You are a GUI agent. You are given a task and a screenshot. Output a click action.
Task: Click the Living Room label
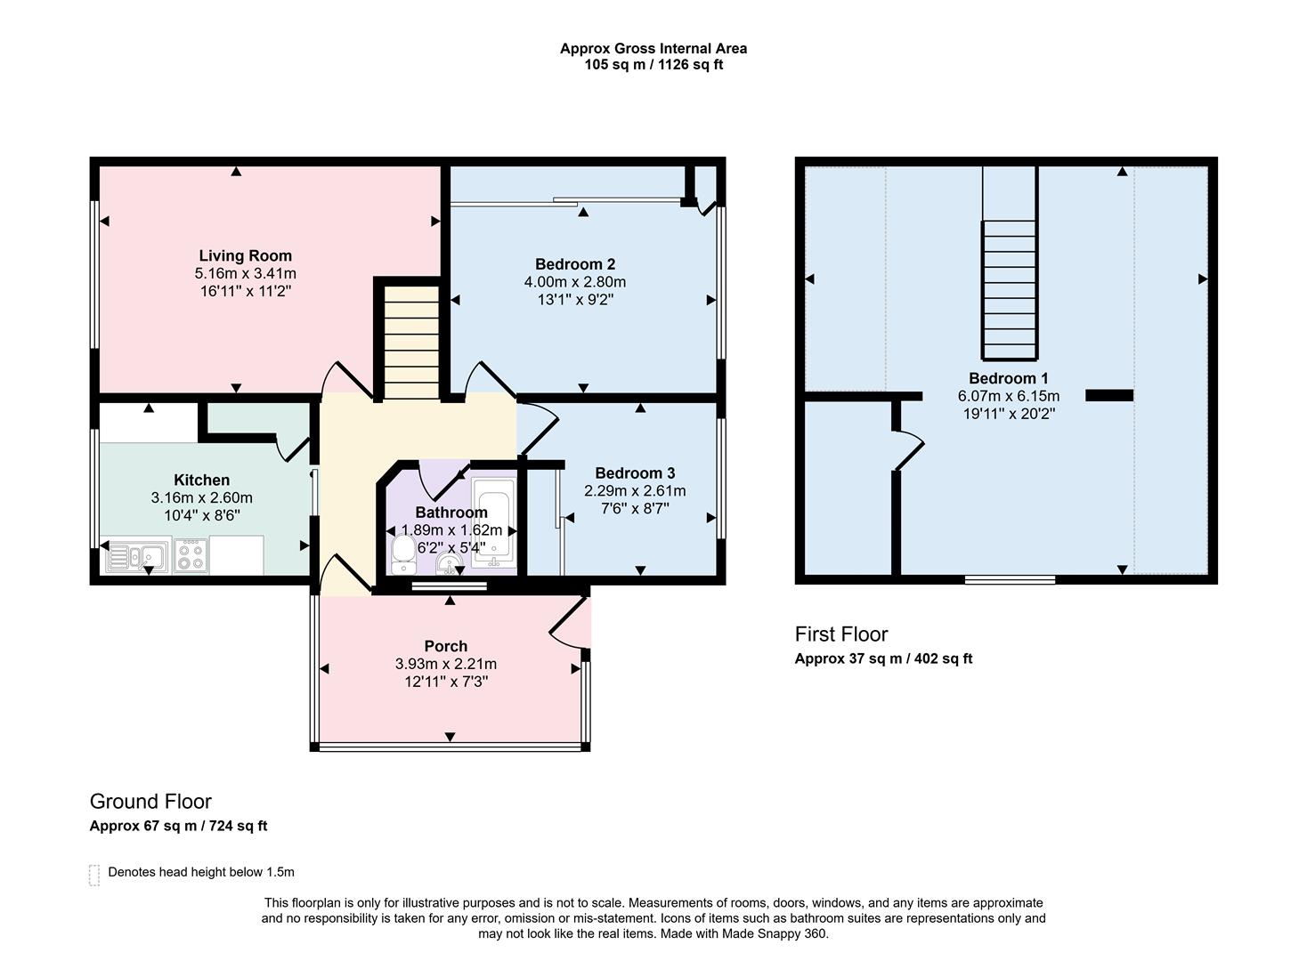pos(245,256)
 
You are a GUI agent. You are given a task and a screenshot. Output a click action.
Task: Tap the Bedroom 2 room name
pos(574,264)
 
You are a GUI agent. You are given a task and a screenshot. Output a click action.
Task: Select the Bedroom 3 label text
pos(635,473)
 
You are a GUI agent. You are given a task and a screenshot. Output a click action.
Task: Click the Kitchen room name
pos(201,480)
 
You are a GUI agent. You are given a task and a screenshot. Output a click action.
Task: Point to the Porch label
pos(445,646)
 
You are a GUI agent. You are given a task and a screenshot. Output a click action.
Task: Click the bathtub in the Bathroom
pos(492,523)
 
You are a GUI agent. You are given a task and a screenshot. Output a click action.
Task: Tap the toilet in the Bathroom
pos(403,553)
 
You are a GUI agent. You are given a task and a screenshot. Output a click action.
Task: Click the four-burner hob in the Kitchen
pos(191,555)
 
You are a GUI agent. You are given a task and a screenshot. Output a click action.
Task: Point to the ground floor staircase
pos(410,343)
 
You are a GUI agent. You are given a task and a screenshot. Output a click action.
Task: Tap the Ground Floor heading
pos(150,802)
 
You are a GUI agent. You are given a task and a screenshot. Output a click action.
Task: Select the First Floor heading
pos(840,634)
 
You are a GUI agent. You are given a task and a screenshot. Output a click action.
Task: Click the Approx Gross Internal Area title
pos(653,49)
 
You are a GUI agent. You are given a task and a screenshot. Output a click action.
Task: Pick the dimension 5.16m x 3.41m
pos(245,274)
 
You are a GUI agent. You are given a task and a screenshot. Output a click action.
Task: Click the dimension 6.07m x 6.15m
pos(1008,396)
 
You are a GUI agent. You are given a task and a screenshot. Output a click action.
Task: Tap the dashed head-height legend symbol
pos(94,875)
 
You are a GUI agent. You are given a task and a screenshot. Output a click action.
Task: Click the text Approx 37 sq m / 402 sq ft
pos(882,659)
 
